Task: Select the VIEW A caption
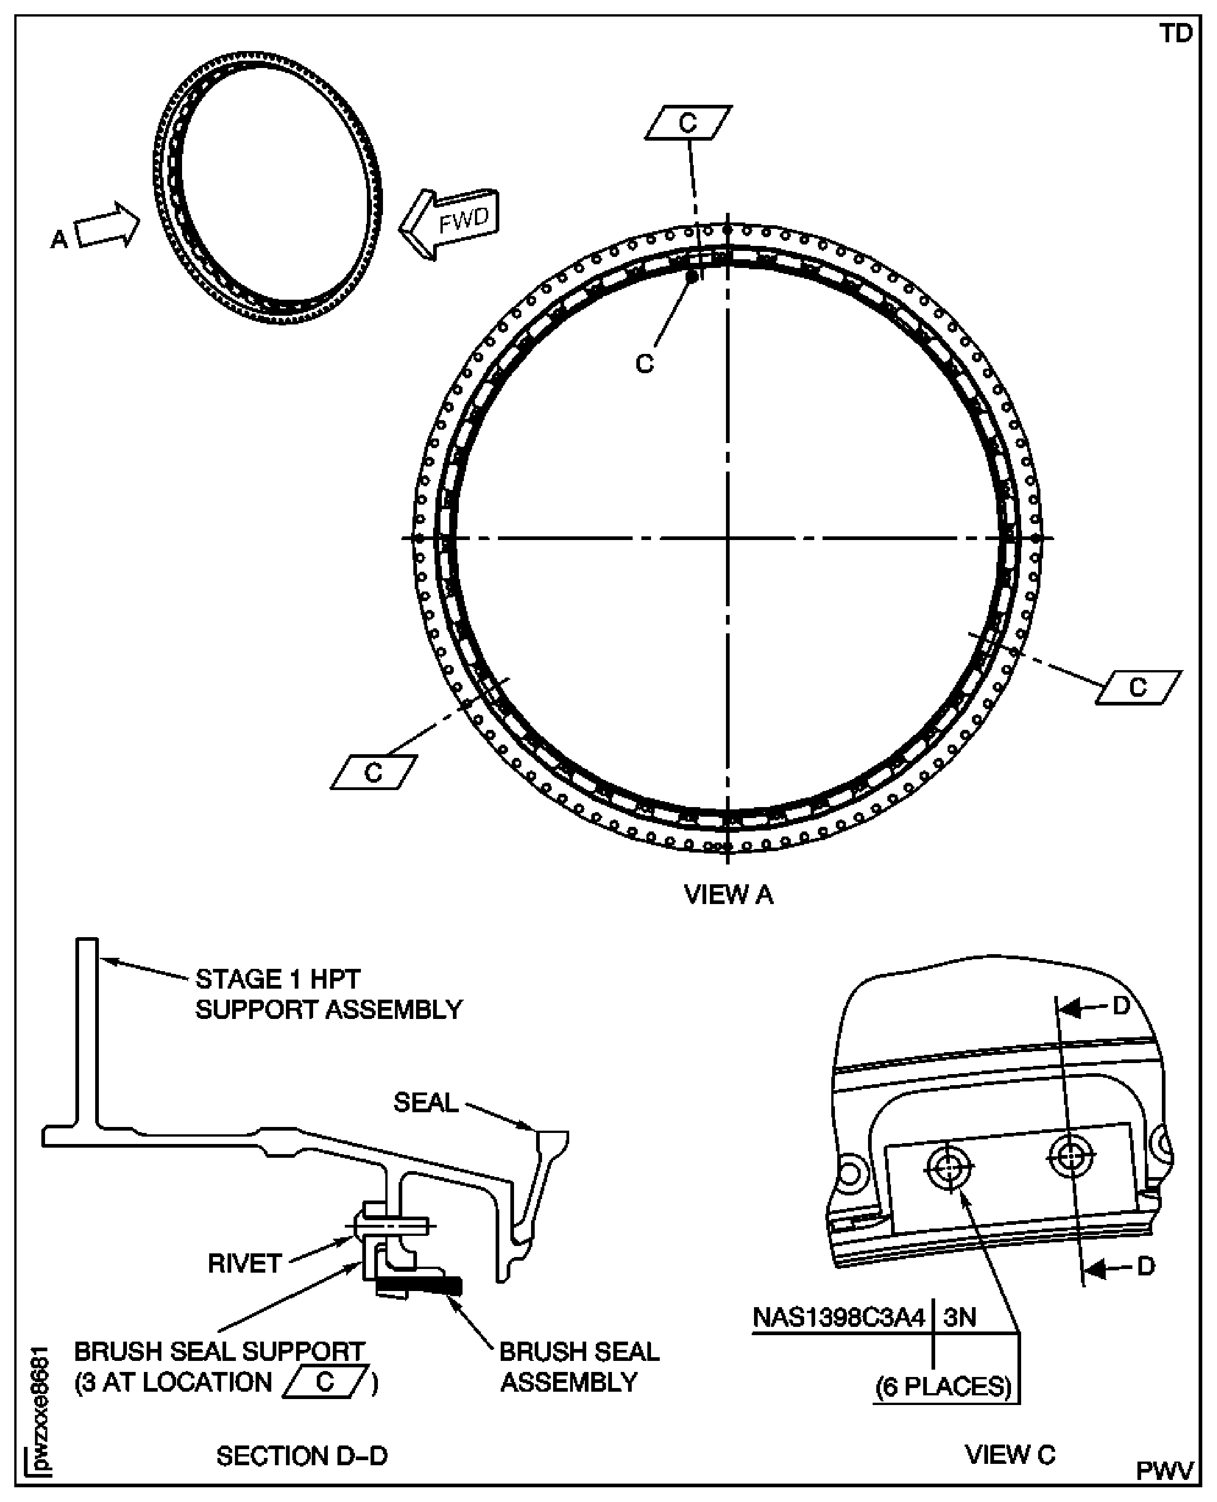coord(728,895)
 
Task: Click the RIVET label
coord(245,1264)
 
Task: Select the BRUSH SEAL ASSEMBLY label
coord(578,1367)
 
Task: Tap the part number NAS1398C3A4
coord(839,1318)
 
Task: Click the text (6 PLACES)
coord(943,1387)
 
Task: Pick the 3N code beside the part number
coord(960,1318)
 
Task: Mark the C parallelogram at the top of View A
coord(688,123)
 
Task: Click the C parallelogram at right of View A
coord(1138,688)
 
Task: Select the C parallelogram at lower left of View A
coord(374,773)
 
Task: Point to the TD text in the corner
coord(1176,34)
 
